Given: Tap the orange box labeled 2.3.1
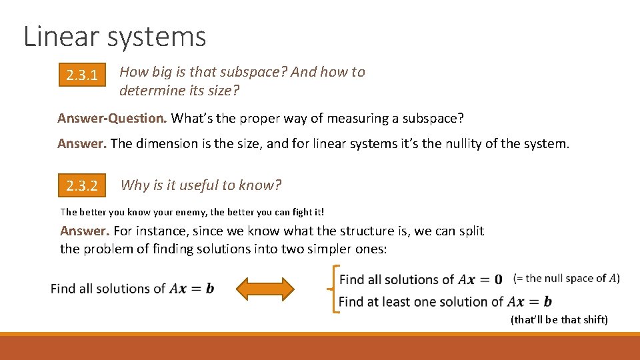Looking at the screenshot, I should (x=82, y=76).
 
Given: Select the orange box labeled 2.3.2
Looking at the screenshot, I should (x=82, y=186).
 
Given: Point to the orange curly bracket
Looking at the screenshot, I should (x=331, y=289).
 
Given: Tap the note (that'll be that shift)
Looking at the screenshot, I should (x=559, y=320).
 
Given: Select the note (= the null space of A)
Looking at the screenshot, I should (x=567, y=279).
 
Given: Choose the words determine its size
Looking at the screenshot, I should (x=179, y=90).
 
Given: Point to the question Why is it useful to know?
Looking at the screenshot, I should (x=201, y=185).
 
